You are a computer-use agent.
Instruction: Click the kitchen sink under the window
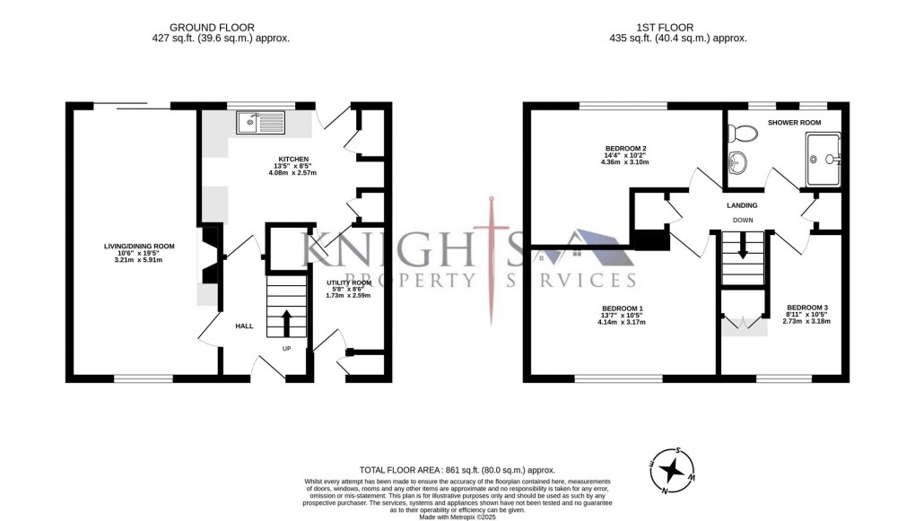click(x=260, y=122)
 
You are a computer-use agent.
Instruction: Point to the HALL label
click(x=244, y=326)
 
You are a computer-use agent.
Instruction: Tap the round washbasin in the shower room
click(x=739, y=163)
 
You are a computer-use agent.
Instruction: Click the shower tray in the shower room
click(x=823, y=160)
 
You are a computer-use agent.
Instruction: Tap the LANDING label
click(x=742, y=205)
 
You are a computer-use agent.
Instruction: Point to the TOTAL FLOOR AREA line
click(x=457, y=470)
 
